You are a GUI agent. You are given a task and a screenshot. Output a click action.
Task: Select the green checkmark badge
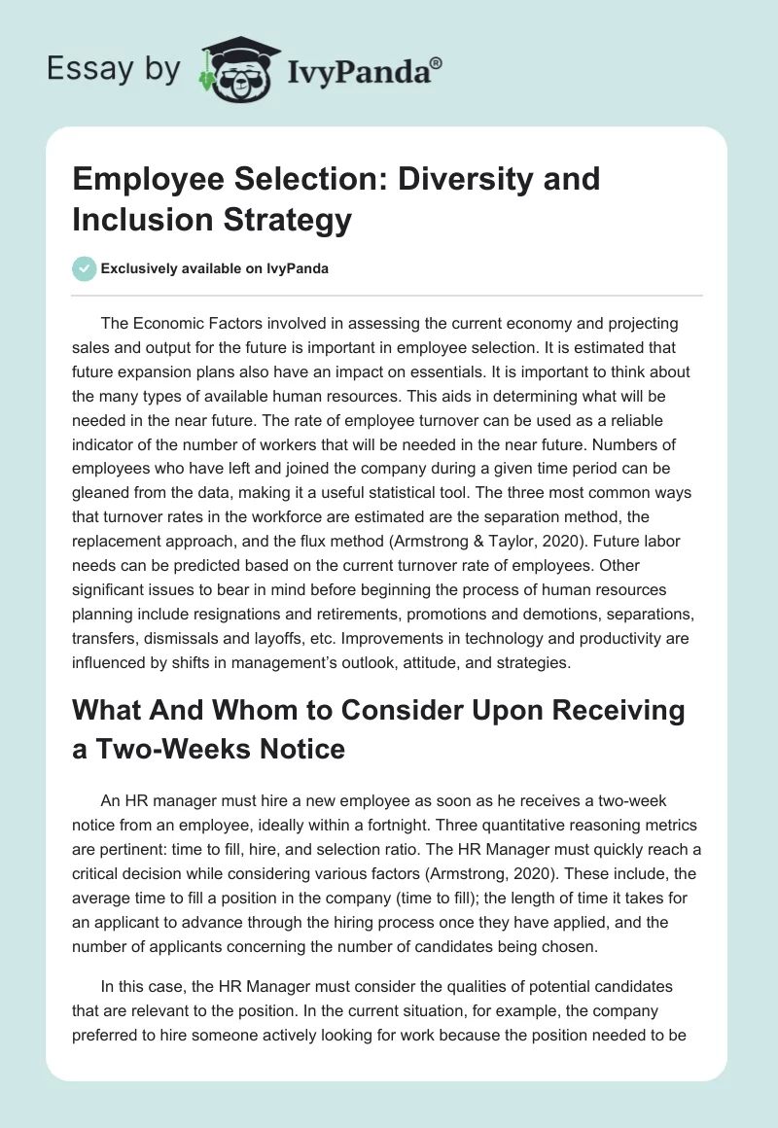click(x=84, y=268)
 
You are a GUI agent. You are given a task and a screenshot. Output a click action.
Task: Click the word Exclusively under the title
click(x=143, y=269)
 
